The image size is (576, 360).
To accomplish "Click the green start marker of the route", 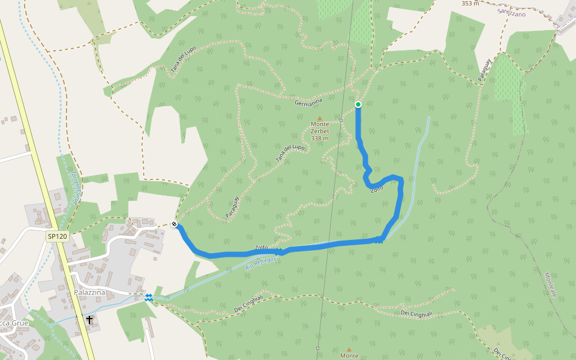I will point(358,104).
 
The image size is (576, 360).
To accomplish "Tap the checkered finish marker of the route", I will point(174,224).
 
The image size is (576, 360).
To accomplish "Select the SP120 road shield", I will point(58,236).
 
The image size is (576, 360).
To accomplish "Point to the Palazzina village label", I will point(90,292).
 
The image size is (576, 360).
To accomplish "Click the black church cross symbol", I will point(89,320).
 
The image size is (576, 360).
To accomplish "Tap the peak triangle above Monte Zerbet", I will point(320,118).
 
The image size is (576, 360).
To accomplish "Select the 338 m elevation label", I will point(320,138).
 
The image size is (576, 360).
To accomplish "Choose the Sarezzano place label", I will point(511,12).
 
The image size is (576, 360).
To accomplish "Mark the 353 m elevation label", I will point(470,4).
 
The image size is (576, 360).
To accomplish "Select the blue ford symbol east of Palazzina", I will point(148,298).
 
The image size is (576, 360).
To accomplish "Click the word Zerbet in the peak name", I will point(320,131).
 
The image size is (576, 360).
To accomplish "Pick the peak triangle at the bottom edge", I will point(349,349).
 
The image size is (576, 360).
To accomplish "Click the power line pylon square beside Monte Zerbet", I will point(341,120).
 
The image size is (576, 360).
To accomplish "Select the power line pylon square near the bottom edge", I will point(317,348).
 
